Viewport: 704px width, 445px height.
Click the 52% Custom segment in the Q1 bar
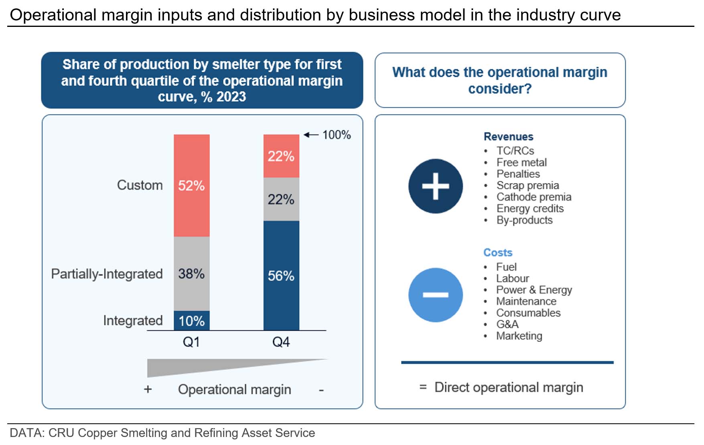(x=191, y=185)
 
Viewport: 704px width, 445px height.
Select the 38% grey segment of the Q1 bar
(x=191, y=274)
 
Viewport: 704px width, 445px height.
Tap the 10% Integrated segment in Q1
(x=191, y=321)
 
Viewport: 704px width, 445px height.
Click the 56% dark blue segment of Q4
(x=281, y=276)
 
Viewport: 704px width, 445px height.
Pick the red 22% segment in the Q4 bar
(x=281, y=156)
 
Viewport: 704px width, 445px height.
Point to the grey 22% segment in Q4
(x=281, y=199)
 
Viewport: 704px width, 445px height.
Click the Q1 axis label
(x=191, y=342)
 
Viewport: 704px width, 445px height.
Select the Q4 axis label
(x=281, y=342)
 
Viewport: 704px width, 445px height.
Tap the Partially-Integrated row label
(x=107, y=274)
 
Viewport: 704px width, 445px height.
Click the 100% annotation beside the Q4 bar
(x=337, y=135)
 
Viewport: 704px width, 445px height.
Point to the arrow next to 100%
(x=311, y=135)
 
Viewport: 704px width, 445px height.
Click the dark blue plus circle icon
(x=435, y=186)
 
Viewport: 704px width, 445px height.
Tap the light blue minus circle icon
(x=435, y=295)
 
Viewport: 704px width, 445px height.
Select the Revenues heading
(x=508, y=137)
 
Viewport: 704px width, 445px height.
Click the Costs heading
(x=498, y=252)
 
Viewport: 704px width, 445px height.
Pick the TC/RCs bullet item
(x=515, y=151)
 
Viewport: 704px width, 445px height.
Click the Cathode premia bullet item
(x=534, y=197)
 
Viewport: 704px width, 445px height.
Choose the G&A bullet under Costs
(x=507, y=324)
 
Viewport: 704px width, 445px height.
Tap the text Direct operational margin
(x=509, y=387)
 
